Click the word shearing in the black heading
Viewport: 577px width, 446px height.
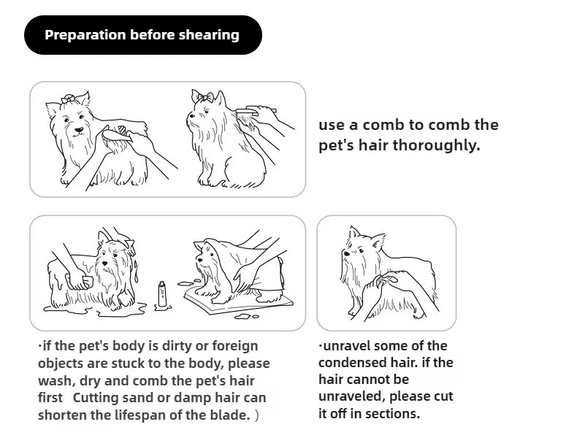pos(209,35)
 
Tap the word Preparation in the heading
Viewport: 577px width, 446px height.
pos(85,35)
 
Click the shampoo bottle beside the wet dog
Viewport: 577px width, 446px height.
pos(162,293)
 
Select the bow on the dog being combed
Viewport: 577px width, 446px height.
pos(205,96)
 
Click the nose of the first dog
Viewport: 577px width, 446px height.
pos(79,130)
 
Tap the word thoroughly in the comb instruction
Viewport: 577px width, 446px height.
pos(436,145)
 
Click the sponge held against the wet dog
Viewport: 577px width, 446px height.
pos(87,282)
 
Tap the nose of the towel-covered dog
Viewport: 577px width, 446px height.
pos(200,259)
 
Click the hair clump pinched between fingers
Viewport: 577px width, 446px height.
pos(383,281)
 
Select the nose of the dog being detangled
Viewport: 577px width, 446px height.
pos(346,254)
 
